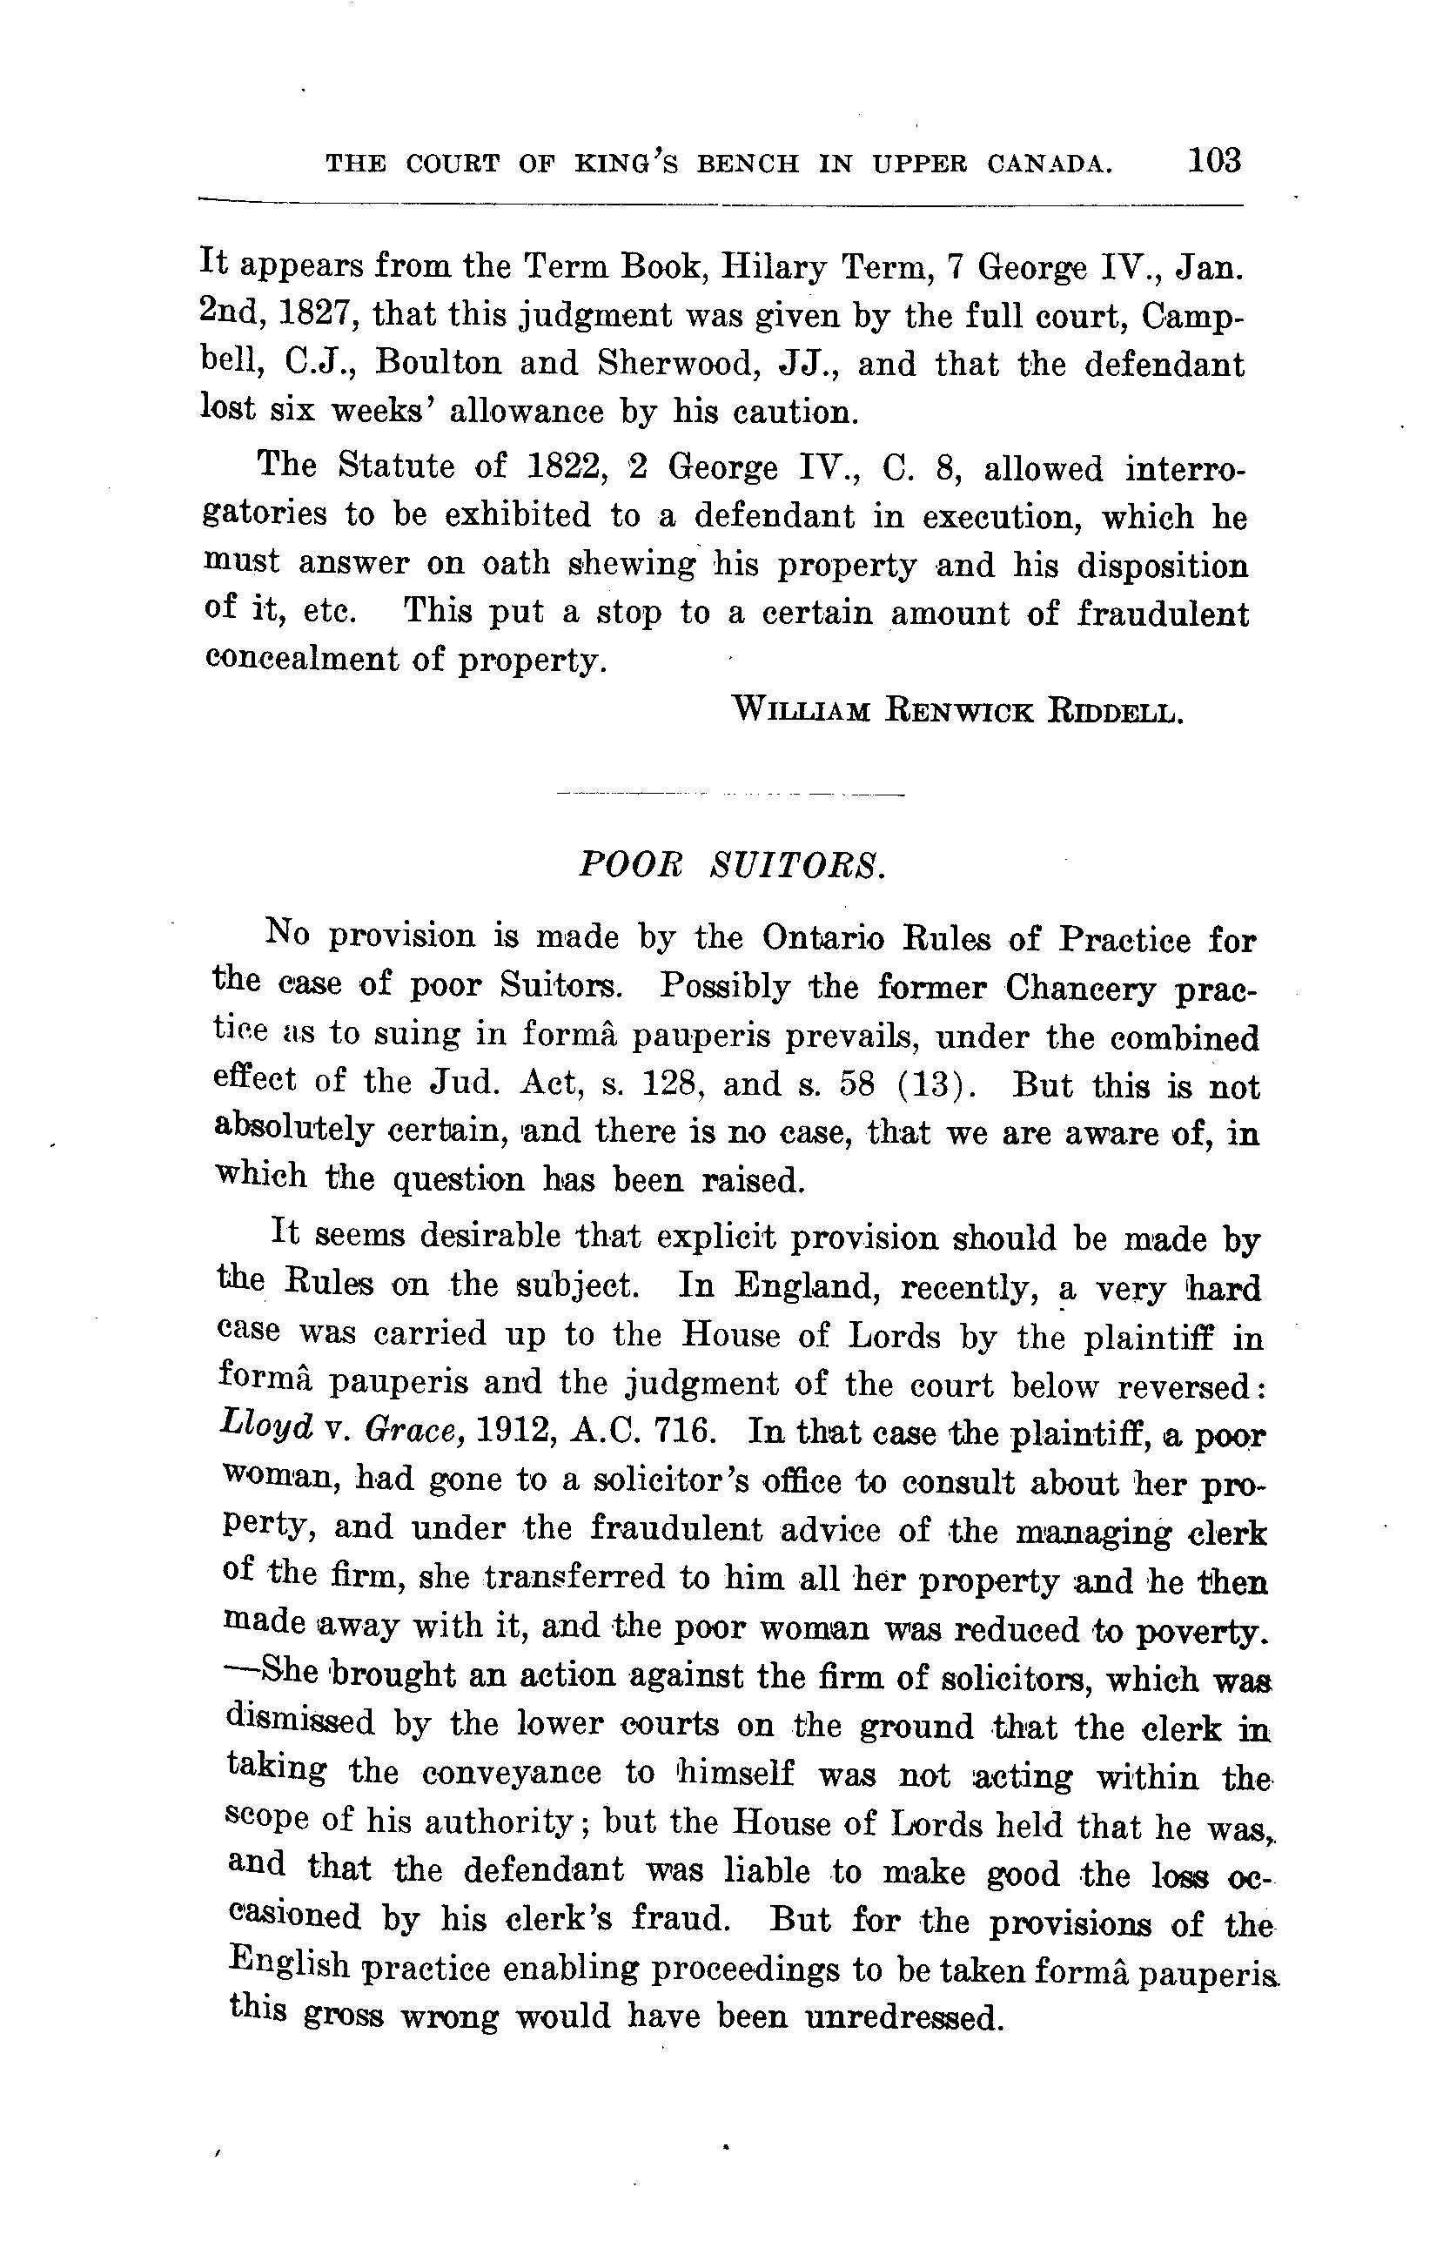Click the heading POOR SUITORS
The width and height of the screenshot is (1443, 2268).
(x=731, y=863)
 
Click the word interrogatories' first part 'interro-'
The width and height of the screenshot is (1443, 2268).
(x=1185, y=468)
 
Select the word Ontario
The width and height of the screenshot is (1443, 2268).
(x=822, y=938)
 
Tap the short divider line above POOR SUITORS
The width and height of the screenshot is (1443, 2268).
(x=729, y=794)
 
